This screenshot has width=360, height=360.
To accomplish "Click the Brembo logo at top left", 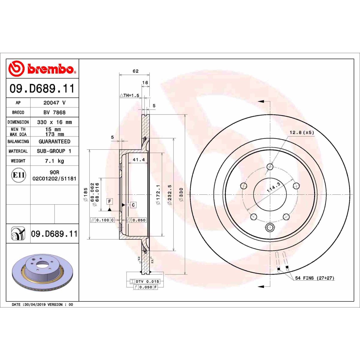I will click(42, 69).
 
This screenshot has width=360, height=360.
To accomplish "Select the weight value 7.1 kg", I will click(54, 161).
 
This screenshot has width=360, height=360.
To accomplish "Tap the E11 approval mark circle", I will click(19, 175).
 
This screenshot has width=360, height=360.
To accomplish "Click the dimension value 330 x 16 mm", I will click(54, 122).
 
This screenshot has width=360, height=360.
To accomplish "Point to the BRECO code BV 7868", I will click(54, 112).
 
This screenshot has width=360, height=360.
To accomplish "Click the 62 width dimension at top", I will click(136, 71).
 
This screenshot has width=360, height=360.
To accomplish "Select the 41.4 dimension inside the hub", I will click(139, 160).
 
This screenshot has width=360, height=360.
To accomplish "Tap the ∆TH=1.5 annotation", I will click(130, 95).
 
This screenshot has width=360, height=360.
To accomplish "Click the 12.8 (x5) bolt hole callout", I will click(301, 132).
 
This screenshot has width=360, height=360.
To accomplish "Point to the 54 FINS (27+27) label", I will click(314, 278).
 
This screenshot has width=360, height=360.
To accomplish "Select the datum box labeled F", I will click(110, 201).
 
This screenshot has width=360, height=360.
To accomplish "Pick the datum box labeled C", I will click(133, 205).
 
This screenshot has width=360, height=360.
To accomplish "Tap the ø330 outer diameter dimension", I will click(181, 194).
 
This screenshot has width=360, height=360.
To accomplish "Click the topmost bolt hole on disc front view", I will click(270, 167).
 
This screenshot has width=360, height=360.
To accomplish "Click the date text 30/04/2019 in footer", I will click(34, 304).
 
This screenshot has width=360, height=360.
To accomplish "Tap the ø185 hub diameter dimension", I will click(85, 194).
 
